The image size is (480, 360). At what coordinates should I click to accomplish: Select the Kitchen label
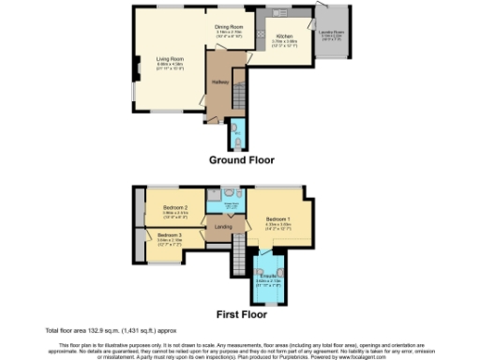point(285,37)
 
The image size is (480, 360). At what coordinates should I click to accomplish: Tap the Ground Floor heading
point(241,159)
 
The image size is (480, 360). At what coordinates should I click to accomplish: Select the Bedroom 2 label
point(176,207)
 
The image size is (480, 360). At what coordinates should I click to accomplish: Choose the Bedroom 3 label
point(169,234)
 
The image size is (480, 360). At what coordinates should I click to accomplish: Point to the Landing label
point(223,226)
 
